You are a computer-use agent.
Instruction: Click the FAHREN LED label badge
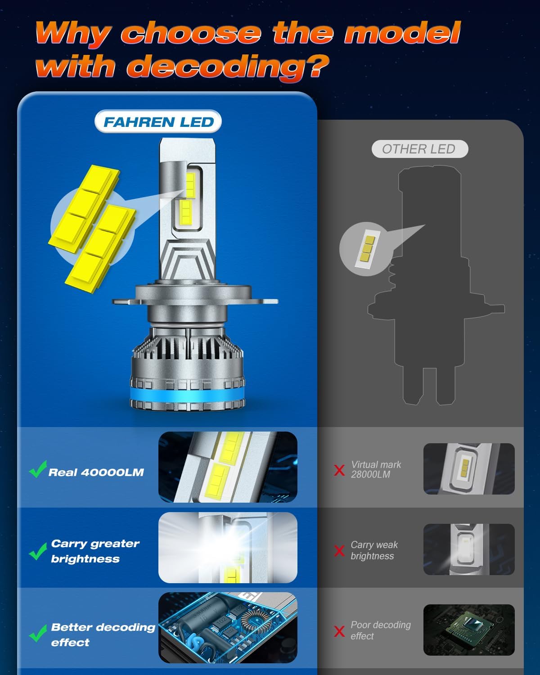point(158,122)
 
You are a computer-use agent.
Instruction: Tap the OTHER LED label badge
point(419,149)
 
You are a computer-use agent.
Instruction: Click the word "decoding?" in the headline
point(227,67)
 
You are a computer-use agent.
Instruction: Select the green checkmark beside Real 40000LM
point(37,469)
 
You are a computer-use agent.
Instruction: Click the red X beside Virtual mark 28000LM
point(339,470)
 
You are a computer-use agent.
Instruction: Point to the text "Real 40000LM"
point(96,472)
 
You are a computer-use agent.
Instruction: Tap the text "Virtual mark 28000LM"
point(375,469)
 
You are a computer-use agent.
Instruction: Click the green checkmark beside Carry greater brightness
point(37,551)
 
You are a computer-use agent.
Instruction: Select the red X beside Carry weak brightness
point(339,550)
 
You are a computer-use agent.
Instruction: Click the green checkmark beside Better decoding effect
point(37,634)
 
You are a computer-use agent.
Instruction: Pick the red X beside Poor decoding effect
point(339,631)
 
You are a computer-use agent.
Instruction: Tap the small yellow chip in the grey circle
point(366,249)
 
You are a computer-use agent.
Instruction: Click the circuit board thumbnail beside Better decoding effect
point(228,627)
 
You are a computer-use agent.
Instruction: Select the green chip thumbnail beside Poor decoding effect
point(468,630)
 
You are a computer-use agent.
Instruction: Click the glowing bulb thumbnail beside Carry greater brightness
point(228,547)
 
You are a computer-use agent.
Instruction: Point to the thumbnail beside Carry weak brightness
point(468,549)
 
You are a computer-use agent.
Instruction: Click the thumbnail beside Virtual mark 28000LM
point(468,468)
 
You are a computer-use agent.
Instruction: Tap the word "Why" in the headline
point(72,33)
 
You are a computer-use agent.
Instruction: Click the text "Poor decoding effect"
point(380,630)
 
